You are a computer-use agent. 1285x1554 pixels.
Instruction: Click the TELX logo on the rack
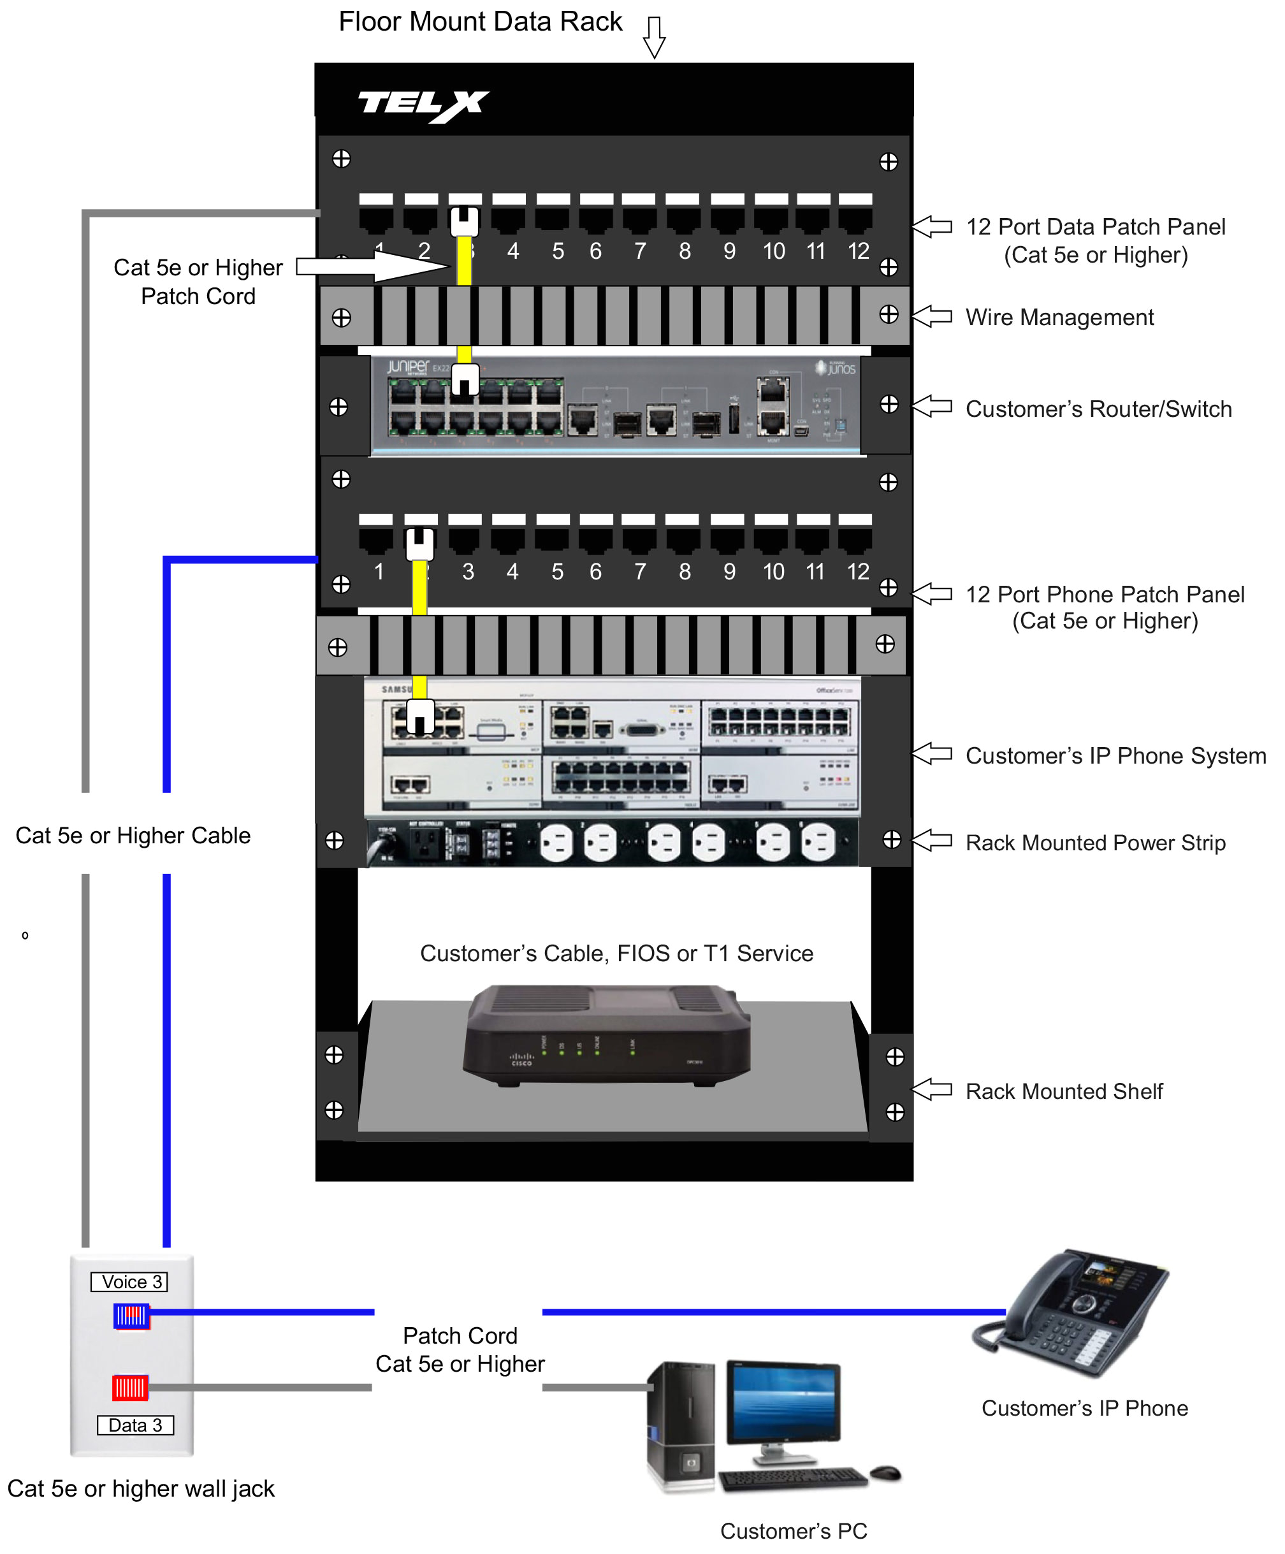[x=423, y=105]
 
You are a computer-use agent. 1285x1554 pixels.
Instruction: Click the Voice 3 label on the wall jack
[x=129, y=1282]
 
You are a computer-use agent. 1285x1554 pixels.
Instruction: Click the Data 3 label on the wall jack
[x=134, y=1425]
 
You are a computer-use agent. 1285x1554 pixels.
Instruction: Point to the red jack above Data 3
[x=129, y=1388]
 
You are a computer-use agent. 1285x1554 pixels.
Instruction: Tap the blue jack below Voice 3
[x=131, y=1316]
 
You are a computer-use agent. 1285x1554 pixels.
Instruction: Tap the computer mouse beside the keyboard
[x=885, y=1472]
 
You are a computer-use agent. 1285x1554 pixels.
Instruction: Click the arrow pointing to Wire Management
[x=931, y=317]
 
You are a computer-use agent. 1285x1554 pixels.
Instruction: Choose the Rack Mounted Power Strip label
[x=1095, y=843]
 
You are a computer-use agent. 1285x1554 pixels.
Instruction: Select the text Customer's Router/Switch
[x=1098, y=409]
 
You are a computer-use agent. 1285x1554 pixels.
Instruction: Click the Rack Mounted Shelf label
[x=1063, y=1091]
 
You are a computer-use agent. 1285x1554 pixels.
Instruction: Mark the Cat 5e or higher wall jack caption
[x=141, y=1488]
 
